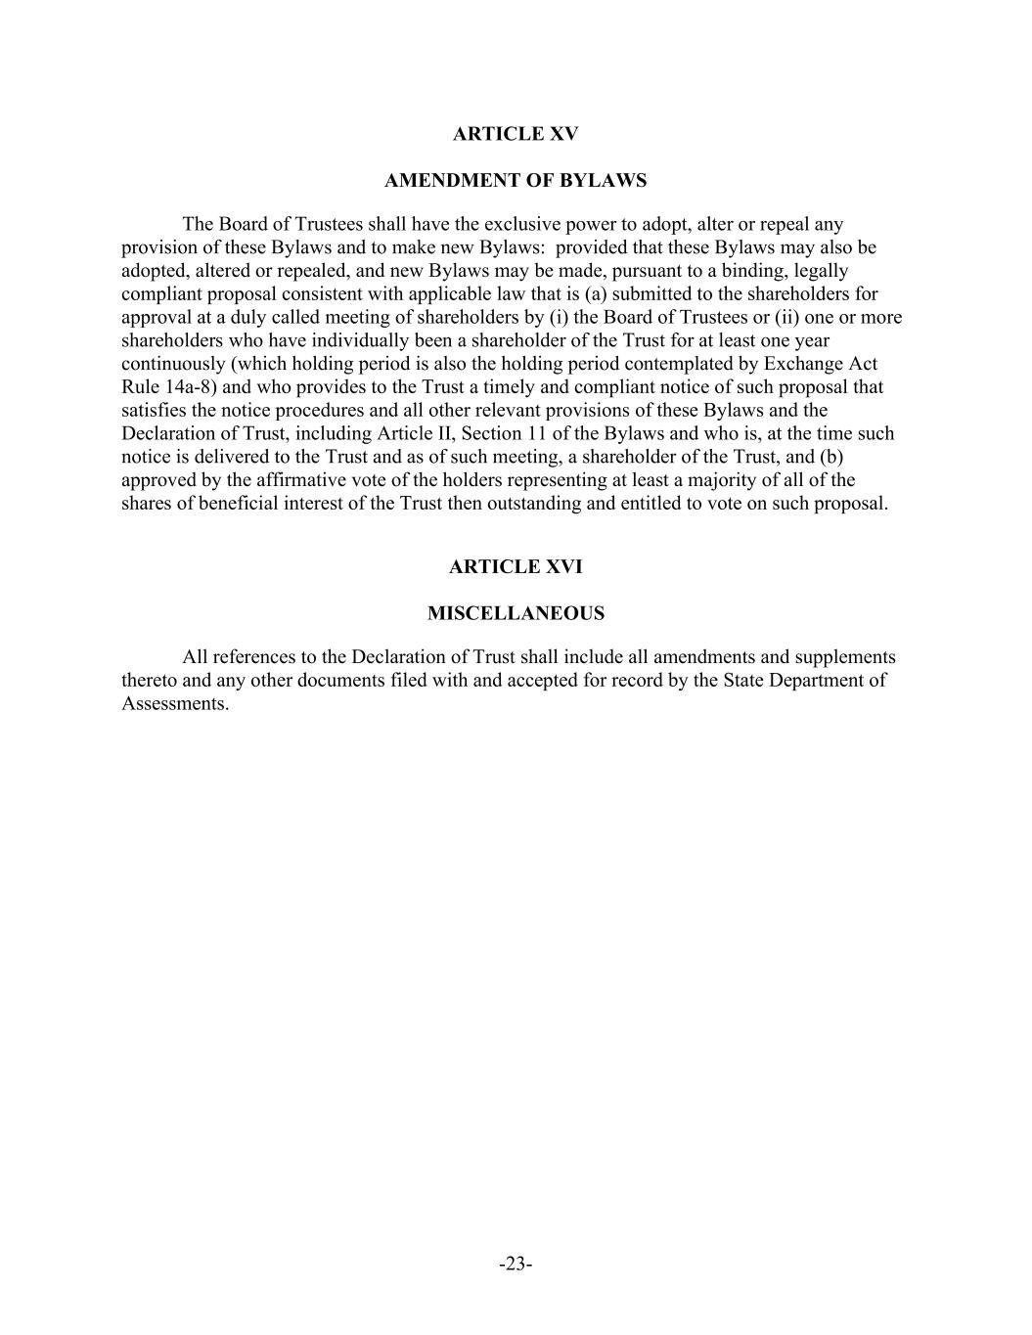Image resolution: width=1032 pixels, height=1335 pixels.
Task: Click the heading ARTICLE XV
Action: click(x=516, y=134)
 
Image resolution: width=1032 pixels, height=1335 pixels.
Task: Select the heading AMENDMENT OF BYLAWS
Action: click(x=516, y=181)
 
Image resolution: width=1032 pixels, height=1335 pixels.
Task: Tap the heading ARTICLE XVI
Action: click(x=516, y=567)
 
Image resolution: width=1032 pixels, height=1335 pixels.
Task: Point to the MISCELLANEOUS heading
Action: click(x=516, y=614)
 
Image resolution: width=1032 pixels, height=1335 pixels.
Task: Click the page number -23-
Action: click(x=516, y=1265)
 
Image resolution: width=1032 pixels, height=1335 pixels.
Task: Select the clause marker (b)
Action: click(x=830, y=457)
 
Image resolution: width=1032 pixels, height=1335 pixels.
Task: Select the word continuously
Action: click(x=173, y=364)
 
